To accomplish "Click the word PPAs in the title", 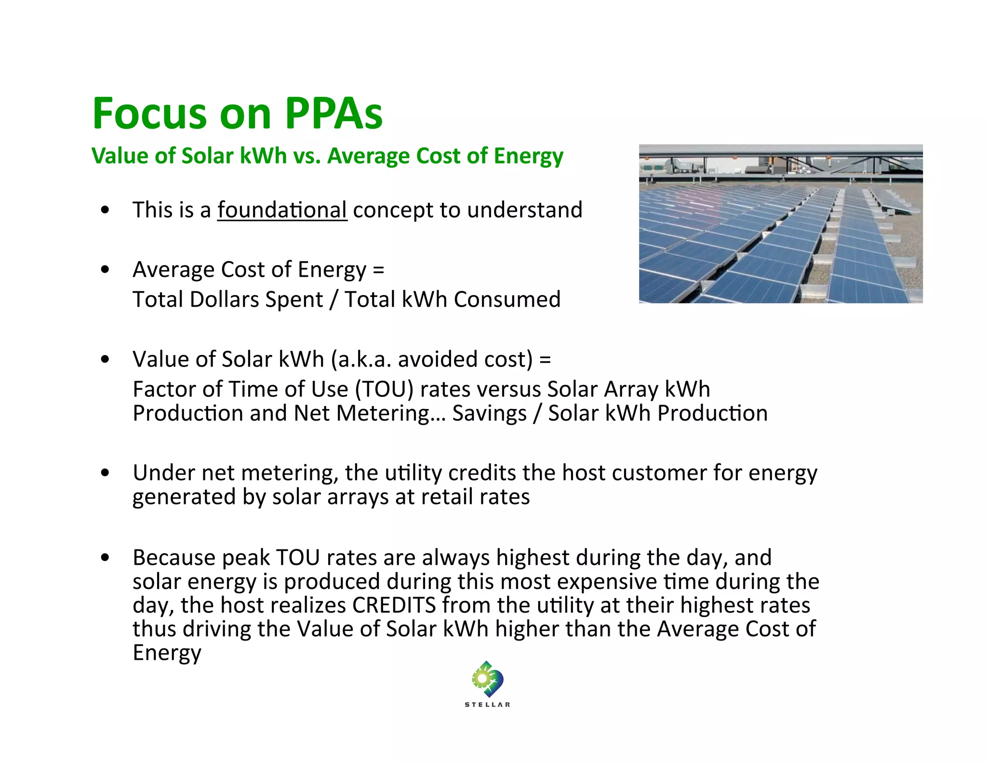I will [x=333, y=114].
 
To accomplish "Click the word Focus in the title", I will [x=149, y=114].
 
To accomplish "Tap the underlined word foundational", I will [x=282, y=210].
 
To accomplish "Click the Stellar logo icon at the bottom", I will [x=487, y=679].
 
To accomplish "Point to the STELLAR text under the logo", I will [x=487, y=705].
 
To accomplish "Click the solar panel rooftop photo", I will [x=780, y=224].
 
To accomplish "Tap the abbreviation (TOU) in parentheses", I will [x=384, y=389].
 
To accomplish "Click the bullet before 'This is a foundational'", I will [x=105, y=210].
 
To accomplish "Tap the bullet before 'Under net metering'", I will [x=105, y=473].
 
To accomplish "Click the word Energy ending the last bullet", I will [x=167, y=653].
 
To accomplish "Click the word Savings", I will [x=489, y=413].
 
